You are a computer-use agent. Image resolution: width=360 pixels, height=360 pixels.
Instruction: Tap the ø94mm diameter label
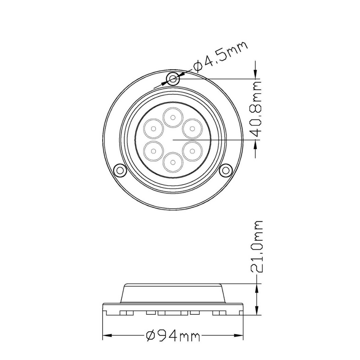(173, 336)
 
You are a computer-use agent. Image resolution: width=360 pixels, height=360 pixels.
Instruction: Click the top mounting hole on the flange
(173, 79)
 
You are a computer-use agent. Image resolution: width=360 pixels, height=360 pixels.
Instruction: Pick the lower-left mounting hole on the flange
(120, 171)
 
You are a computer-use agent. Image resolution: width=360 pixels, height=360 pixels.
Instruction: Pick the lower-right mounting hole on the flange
(225, 171)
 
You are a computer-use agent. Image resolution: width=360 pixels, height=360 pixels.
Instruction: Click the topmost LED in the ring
(172, 118)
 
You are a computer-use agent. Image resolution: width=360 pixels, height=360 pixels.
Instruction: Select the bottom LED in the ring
(172, 162)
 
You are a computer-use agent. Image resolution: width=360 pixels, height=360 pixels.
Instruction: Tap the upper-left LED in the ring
(153, 129)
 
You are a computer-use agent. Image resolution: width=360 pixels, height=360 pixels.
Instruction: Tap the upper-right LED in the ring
(192, 129)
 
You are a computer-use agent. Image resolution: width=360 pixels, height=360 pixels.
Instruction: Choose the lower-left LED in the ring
(153, 151)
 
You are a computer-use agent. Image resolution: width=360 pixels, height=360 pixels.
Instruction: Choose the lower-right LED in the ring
(192, 151)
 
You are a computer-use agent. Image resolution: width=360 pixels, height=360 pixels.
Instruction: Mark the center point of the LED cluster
(173, 140)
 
